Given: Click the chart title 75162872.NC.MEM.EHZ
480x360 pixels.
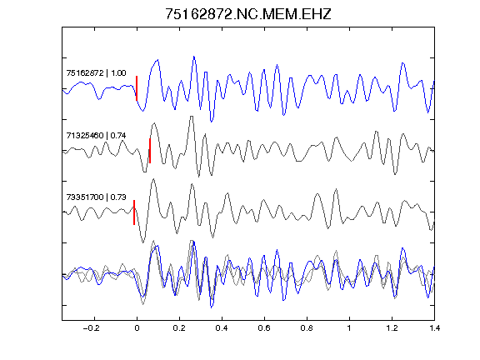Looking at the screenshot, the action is (248, 14).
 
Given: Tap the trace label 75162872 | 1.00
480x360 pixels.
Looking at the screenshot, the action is (96, 72).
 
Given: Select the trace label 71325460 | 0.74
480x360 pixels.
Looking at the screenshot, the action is (96, 135).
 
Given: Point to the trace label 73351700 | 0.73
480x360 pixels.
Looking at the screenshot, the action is (96, 197).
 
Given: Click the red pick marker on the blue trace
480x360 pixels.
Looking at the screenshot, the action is (137, 88).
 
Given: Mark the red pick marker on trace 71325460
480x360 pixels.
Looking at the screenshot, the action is (150, 151).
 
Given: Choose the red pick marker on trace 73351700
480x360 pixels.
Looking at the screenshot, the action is (134, 212).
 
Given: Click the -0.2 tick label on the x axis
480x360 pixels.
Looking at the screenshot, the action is (92, 328).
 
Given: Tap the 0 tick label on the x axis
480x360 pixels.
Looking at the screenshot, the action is (137, 328).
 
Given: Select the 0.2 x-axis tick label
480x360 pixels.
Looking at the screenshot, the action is (179, 328).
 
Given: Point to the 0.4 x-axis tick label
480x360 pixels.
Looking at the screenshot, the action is (222, 328).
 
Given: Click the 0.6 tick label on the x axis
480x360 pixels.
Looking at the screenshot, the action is (264, 328).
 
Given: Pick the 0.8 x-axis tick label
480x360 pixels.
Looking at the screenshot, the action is (307, 328).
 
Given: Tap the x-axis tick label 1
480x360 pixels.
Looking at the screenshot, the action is (349, 328).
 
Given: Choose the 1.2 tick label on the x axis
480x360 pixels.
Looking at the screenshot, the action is (392, 328).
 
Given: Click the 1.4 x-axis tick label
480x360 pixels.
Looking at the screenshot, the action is (434, 328).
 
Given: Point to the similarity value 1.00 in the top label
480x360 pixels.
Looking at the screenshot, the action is (118, 72).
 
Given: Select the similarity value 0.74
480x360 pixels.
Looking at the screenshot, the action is (118, 135).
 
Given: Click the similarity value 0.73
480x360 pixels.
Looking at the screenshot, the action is (118, 197).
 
